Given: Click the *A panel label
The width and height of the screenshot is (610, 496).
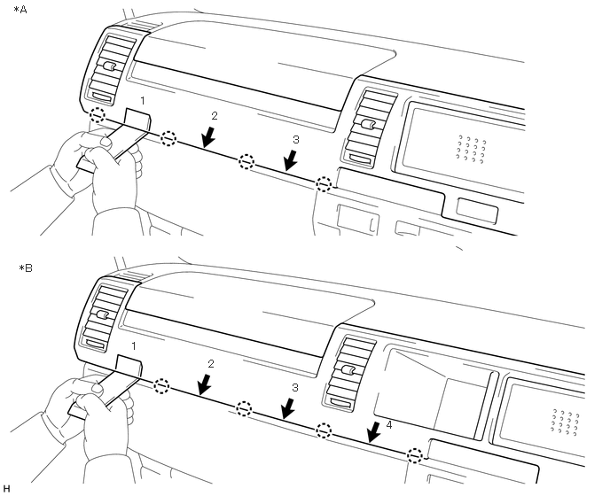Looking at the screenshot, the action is click(20, 10).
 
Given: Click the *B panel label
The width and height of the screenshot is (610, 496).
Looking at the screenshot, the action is click(20, 267).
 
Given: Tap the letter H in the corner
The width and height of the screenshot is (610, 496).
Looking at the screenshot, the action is click(6, 488).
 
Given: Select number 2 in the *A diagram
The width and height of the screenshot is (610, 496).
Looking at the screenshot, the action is click(213, 116).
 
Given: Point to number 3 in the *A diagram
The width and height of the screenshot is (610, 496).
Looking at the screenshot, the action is click(296, 140).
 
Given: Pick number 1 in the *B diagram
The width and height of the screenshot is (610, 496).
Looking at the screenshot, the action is click(134, 344).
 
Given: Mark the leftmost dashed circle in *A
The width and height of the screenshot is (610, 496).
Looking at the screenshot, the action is click(98, 115).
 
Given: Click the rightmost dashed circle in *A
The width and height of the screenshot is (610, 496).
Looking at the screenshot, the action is click(325, 183).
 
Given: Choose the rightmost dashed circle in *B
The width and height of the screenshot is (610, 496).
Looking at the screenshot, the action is click(414, 455).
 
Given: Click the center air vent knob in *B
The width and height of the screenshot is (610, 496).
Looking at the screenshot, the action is click(348, 370).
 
